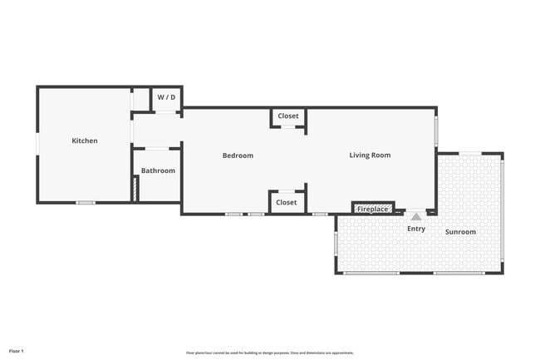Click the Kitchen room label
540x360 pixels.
[x=85, y=141]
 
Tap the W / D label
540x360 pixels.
[x=166, y=97]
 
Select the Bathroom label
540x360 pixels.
[x=158, y=170]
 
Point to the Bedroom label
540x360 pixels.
[x=238, y=155]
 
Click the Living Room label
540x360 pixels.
[x=370, y=155]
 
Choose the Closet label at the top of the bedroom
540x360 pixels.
[x=288, y=116]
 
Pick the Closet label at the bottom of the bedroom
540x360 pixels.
[x=286, y=202]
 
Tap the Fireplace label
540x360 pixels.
[x=372, y=209]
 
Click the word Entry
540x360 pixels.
[x=416, y=228]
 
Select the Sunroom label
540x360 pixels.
[x=460, y=231]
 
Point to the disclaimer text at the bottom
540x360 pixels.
[x=270, y=353]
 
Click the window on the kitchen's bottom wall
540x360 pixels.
[x=86, y=203]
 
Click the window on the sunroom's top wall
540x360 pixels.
[x=470, y=153]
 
